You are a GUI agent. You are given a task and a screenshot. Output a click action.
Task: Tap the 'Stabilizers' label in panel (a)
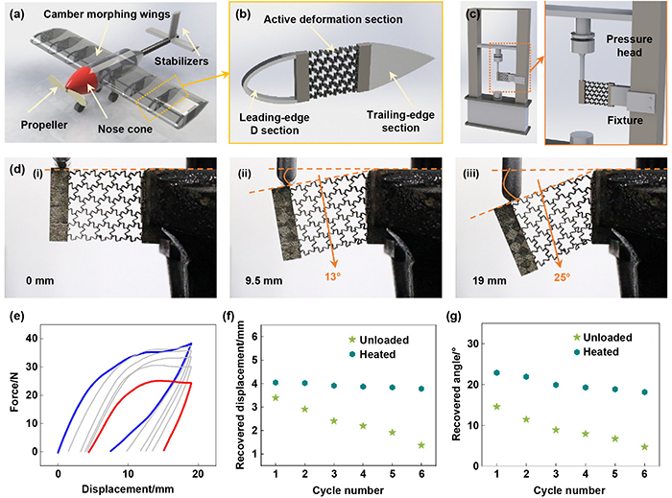[181, 61]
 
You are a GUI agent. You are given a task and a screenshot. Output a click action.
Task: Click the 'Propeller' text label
[44, 125]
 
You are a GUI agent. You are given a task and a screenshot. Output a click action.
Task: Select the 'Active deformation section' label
[333, 19]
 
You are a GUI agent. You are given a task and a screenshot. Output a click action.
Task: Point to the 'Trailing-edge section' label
[400, 121]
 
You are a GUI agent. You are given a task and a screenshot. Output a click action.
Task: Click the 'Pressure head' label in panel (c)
[629, 46]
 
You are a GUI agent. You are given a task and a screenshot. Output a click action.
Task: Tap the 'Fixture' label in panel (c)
[625, 120]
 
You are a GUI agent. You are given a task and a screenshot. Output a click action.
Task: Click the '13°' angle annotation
[332, 276]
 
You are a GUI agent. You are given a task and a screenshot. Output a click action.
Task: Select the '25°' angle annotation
[562, 277]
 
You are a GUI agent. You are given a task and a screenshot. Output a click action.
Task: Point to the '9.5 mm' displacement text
[264, 281]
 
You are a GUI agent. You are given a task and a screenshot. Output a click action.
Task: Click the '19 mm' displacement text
[490, 281]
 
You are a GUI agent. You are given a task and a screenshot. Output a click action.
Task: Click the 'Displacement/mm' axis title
[128, 489]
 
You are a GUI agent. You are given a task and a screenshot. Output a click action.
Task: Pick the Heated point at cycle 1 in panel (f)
[276, 383]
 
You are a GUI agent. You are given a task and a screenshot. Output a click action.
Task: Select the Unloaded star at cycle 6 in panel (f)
[421, 445]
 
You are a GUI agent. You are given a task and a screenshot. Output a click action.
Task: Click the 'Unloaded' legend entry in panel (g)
[603, 338]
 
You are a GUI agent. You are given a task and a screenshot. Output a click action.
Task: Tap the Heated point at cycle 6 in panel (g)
[644, 391]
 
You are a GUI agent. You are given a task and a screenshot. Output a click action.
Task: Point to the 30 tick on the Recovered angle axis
[473, 344]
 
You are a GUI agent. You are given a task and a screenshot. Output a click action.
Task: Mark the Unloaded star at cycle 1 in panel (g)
[496, 407]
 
